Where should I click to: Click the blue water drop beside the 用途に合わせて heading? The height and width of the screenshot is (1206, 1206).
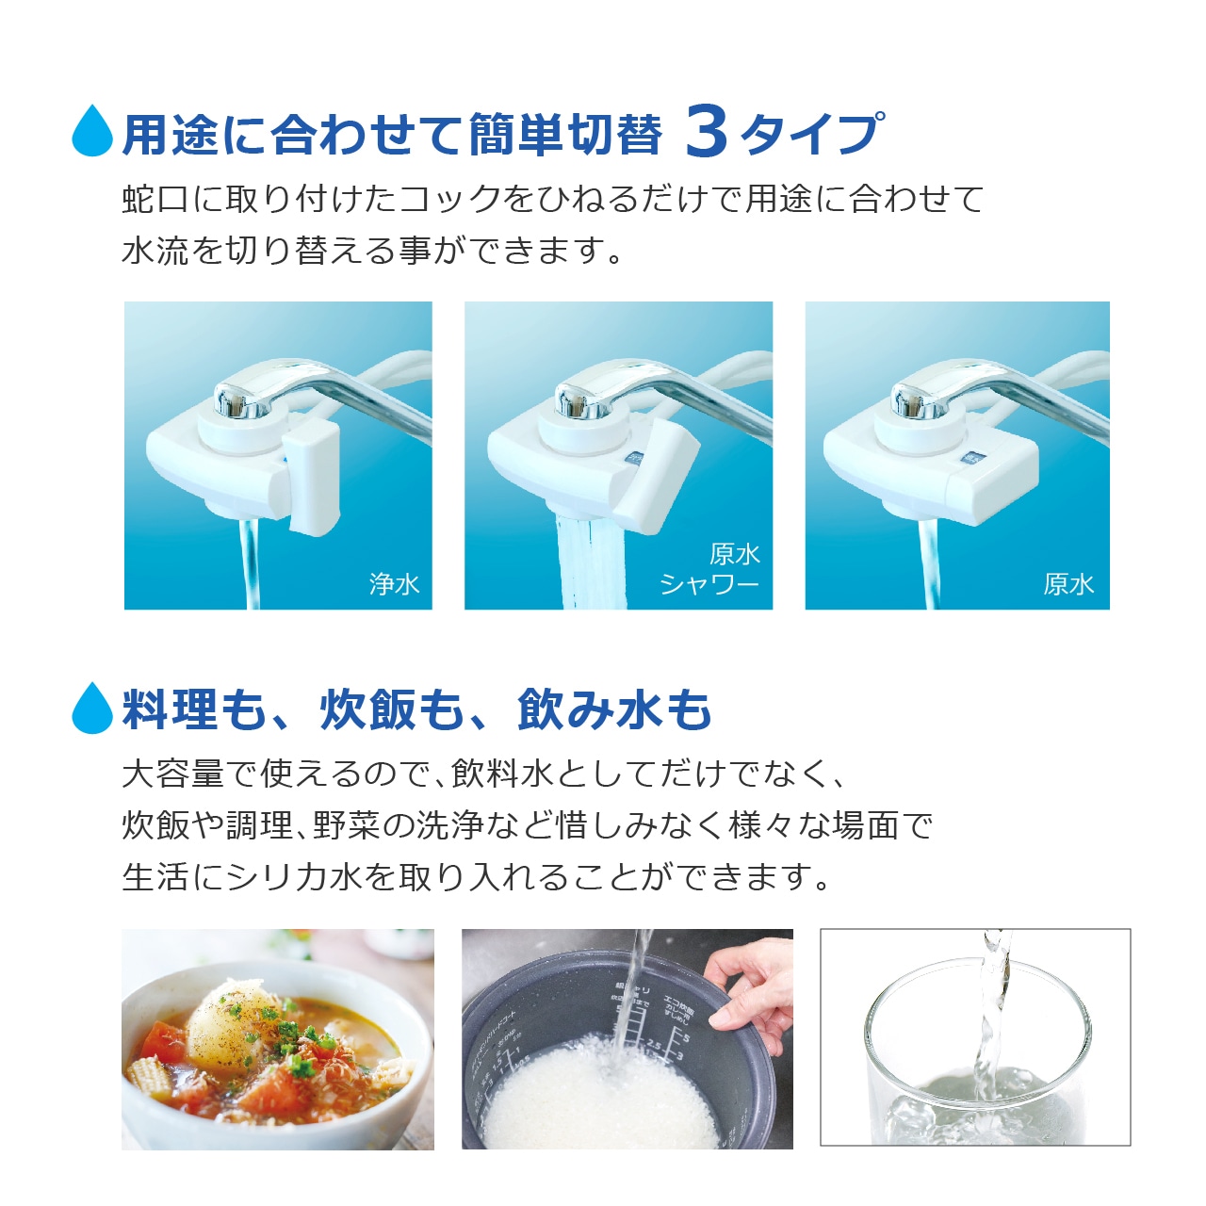tap(92, 131)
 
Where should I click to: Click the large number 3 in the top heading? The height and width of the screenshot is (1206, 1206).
tap(706, 131)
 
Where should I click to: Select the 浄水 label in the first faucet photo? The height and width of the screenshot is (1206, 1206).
tap(394, 584)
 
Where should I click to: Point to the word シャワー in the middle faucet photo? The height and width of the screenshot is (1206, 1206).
tap(709, 585)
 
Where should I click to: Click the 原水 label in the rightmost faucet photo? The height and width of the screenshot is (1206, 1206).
tap(1069, 584)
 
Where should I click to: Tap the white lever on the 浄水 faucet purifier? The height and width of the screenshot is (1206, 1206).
tap(311, 476)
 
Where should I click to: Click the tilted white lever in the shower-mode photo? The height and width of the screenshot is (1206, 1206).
tap(655, 476)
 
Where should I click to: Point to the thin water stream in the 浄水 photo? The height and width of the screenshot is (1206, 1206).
tap(251, 563)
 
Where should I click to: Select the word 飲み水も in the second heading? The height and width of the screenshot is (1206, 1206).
tap(614, 709)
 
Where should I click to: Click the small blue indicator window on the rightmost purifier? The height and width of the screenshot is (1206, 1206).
tap(972, 460)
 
